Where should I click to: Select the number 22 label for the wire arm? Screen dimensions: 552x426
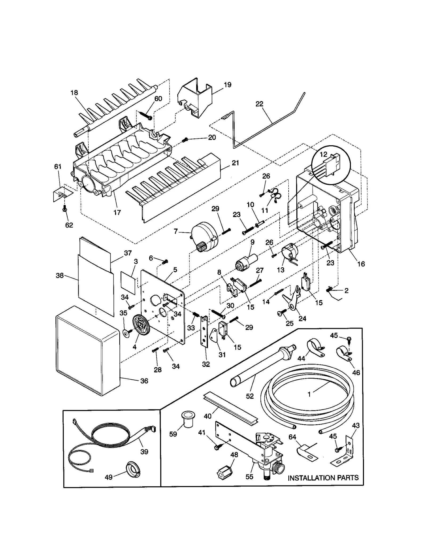259,104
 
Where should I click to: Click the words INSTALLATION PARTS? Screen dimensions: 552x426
323,478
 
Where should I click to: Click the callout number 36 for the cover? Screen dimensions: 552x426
144,381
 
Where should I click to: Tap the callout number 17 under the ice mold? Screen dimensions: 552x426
117,212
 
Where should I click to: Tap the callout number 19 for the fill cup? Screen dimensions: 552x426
227,85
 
